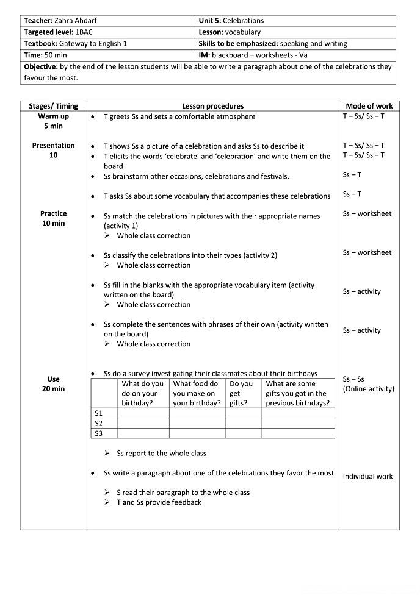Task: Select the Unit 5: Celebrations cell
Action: [x=231, y=21]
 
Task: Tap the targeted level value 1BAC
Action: [x=83, y=32]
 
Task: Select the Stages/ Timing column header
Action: [x=54, y=106]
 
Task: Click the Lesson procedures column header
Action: [x=212, y=106]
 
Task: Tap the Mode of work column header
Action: [x=369, y=106]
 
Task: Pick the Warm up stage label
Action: [x=54, y=116]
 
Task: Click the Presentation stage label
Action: [x=54, y=146]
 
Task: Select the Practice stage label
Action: [x=54, y=214]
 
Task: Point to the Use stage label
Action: [x=54, y=379]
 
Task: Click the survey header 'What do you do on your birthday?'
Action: [x=143, y=394]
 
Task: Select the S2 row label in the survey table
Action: [x=98, y=423]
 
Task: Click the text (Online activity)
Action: [x=368, y=389]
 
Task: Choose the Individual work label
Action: [x=367, y=477]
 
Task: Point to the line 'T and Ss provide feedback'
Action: [x=159, y=502]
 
